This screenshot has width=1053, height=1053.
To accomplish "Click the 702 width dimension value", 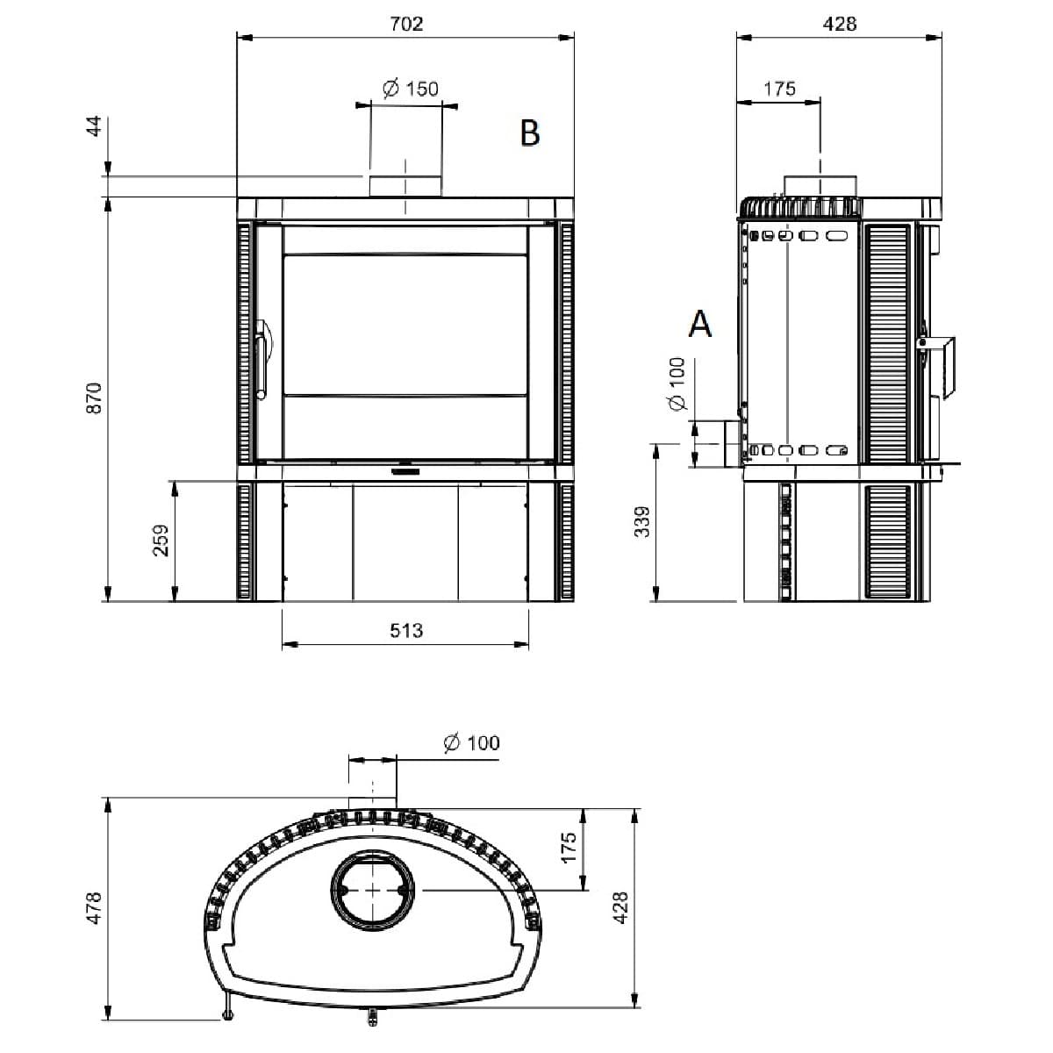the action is coord(406,24).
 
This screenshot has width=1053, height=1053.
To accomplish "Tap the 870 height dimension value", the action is coord(94,398).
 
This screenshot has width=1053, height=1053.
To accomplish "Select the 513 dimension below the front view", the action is coord(406,631).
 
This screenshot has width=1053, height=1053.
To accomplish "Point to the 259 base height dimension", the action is coord(161,541).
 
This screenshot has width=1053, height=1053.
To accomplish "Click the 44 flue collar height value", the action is coord(94,125).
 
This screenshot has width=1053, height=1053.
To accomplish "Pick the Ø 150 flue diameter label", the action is coord(411,89).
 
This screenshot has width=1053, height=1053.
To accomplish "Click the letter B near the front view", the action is coord(529,133).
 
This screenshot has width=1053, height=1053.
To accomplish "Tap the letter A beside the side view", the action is coord(699,324).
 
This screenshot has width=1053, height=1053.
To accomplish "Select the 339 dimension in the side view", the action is coord(642,522).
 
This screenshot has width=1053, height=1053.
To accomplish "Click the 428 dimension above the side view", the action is coord(840,24).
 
